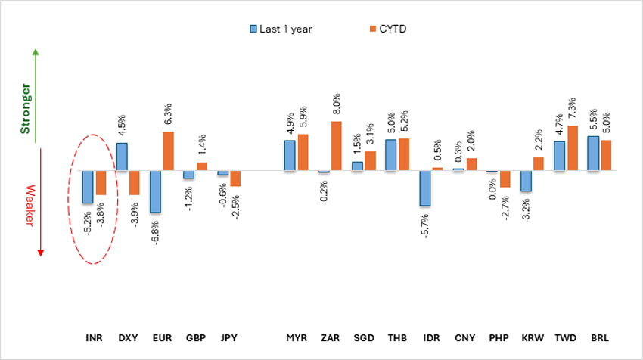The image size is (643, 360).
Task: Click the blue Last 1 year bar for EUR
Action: (155, 191)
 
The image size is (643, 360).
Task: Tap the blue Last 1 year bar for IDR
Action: (424, 188)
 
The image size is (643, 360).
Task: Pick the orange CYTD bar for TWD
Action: (573, 148)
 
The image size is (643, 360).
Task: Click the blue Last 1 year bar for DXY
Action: (122, 157)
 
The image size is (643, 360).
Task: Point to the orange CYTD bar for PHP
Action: (505, 179)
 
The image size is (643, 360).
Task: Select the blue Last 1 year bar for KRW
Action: (526, 181)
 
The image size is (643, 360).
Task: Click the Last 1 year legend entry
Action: (281, 29)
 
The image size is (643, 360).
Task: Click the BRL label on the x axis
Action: (600, 337)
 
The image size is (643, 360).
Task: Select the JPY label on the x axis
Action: (229, 337)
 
